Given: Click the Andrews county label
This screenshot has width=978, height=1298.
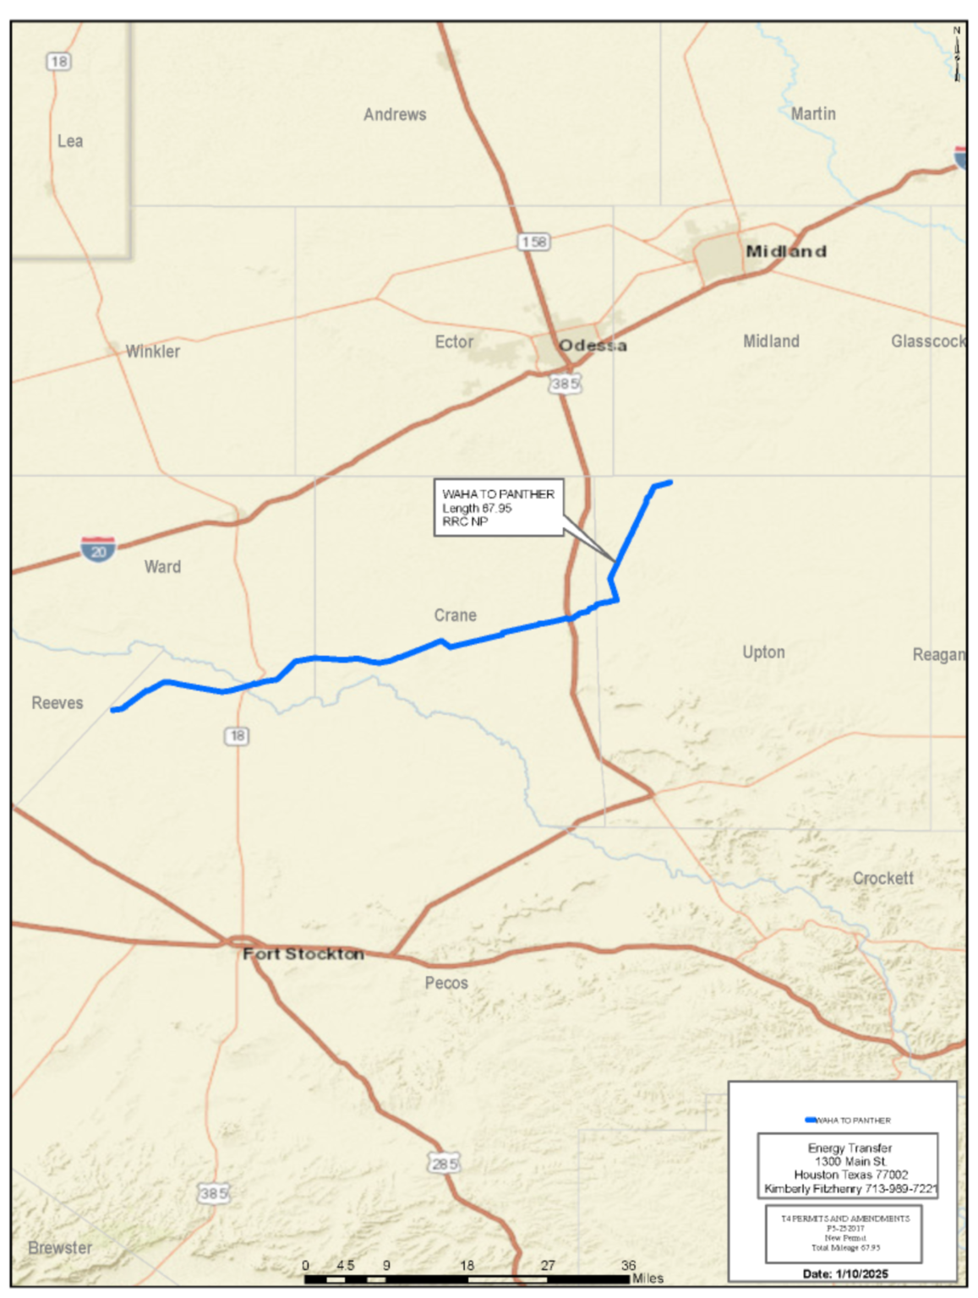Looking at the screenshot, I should pyautogui.click(x=395, y=114).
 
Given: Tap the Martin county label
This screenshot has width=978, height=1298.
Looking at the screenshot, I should pyautogui.click(x=813, y=113).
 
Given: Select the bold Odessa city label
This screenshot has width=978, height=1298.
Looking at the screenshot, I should pyautogui.click(x=593, y=345).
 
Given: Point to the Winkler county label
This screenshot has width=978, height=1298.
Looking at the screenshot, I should pyautogui.click(x=153, y=352).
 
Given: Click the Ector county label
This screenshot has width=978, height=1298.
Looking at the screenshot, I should pyautogui.click(x=454, y=341).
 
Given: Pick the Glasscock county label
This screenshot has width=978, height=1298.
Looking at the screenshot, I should pyautogui.click(x=927, y=341).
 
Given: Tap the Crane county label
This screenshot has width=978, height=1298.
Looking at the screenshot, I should pyautogui.click(x=456, y=615).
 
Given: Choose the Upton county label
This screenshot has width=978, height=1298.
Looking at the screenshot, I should pyautogui.click(x=763, y=652).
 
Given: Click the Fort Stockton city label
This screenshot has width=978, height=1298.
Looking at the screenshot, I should pyautogui.click(x=303, y=953).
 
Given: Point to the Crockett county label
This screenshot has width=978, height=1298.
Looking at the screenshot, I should pyautogui.click(x=882, y=878).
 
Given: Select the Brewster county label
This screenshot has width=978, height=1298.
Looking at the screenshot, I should pyautogui.click(x=59, y=1247).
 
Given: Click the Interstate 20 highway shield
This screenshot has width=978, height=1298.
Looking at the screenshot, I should pyautogui.click(x=99, y=549).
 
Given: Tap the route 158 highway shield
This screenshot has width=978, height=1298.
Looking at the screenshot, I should pyautogui.click(x=534, y=243).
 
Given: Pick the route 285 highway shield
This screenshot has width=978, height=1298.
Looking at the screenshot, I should pyautogui.click(x=444, y=1164).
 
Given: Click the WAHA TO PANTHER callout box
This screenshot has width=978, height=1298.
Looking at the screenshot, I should pyautogui.click(x=499, y=508).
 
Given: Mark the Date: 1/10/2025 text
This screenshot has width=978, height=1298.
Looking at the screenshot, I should pyautogui.click(x=845, y=1273).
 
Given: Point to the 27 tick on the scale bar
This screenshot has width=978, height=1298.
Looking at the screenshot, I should pyautogui.click(x=548, y=1265).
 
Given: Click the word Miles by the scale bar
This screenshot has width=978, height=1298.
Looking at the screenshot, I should pyautogui.click(x=648, y=1278).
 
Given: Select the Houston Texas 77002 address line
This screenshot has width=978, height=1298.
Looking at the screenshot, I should pyautogui.click(x=850, y=1175).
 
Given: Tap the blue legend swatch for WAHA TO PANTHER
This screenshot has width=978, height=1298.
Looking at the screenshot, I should pyautogui.click(x=811, y=1120).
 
